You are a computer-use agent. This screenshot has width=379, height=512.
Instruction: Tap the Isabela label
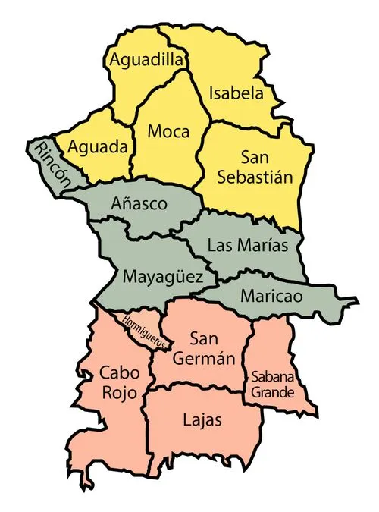236,94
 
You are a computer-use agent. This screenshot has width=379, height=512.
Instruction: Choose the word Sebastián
255,177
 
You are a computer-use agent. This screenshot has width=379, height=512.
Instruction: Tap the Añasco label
139,204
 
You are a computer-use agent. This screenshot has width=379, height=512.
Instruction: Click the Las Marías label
248,246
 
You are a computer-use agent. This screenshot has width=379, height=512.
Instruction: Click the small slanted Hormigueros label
143,331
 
